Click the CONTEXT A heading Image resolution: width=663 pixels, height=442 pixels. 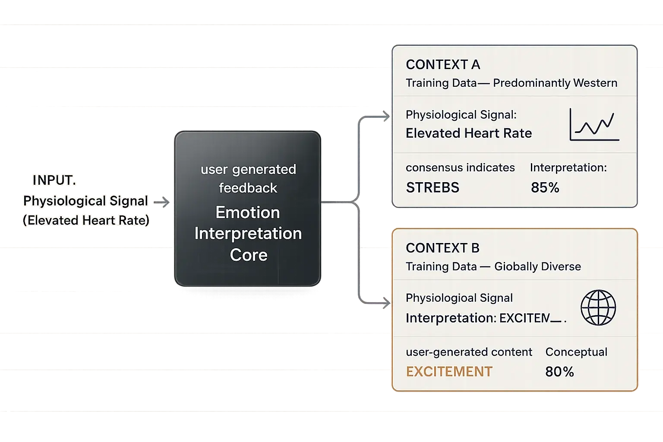(x=443, y=65)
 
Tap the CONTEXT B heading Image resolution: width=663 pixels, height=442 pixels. (x=442, y=248)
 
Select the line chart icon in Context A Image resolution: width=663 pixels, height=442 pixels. (x=595, y=125)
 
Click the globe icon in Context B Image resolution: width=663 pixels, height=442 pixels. (x=598, y=308)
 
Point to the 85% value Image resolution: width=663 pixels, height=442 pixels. (x=545, y=188)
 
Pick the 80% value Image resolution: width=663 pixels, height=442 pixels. (x=559, y=372)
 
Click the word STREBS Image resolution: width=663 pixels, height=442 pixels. (x=433, y=188)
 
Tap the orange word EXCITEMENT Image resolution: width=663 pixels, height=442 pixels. (x=449, y=372)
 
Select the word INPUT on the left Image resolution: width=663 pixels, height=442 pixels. (x=54, y=180)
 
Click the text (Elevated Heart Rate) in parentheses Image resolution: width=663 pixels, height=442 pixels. (x=86, y=221)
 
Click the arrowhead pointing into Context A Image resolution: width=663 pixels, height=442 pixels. (x=385, y=116)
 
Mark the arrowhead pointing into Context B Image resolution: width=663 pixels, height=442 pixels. (x=385, y=303)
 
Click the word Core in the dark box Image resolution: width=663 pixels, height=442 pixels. (x=249, y=255)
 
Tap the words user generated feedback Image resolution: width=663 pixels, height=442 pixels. (x=248, y=178)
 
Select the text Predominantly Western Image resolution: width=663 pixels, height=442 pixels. (x=555, y=83)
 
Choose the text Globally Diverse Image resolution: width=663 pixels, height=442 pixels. (x=537, y=267)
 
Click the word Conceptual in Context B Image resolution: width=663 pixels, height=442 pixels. (x=576, y=352)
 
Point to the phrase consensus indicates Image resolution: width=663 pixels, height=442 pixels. (x=460, y=167)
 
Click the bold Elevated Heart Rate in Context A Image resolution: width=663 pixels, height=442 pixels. (x=469, y=133)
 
